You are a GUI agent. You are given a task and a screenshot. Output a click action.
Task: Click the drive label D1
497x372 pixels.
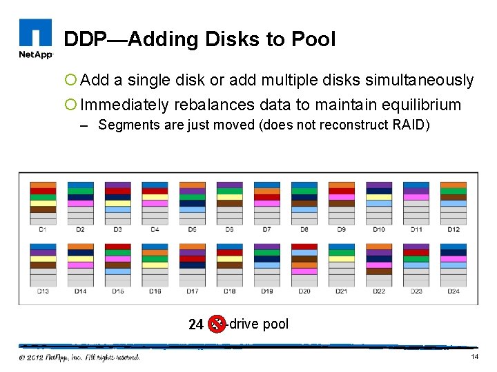coord(43,229)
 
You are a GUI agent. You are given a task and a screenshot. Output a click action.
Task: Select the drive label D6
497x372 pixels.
coord(229,229)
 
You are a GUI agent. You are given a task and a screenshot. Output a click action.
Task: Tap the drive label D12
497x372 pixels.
coord(453,229)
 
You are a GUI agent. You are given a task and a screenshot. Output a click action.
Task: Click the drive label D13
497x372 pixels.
coord(43,291)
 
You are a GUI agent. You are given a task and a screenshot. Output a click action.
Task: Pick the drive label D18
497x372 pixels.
coord(229,291)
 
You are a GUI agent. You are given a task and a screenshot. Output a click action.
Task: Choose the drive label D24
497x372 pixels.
coord(453,291)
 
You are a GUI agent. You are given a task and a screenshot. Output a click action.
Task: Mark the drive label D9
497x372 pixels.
coord(341,229)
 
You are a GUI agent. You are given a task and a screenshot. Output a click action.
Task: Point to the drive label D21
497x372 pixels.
coord(341,291)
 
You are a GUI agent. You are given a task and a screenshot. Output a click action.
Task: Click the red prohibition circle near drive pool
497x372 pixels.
coord(217,323)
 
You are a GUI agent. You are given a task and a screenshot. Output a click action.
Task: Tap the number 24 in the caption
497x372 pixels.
coord(196,324)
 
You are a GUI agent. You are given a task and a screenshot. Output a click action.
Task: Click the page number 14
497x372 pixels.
coord(474,357)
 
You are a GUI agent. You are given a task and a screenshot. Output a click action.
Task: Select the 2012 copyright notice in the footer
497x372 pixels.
coord(79,357)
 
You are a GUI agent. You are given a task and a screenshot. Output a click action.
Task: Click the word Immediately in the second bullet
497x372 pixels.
coord(124,105)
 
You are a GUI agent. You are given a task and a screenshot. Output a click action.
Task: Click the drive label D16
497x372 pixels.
coord(155,291)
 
